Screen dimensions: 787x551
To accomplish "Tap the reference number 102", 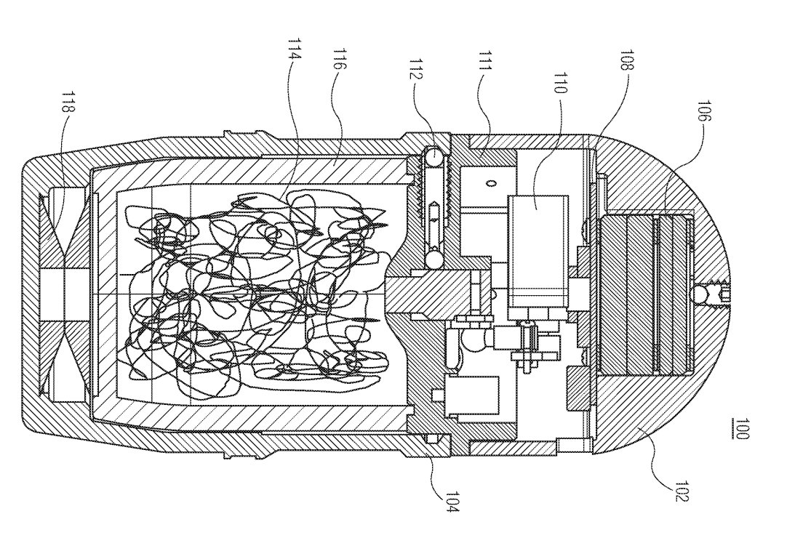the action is [x=682, y=490].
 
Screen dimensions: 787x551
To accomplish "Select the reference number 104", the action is [x=450, y=500].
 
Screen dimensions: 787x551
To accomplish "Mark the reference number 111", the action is [x=484, y=61].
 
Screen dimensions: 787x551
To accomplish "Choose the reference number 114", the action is [x=294, y=49].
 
